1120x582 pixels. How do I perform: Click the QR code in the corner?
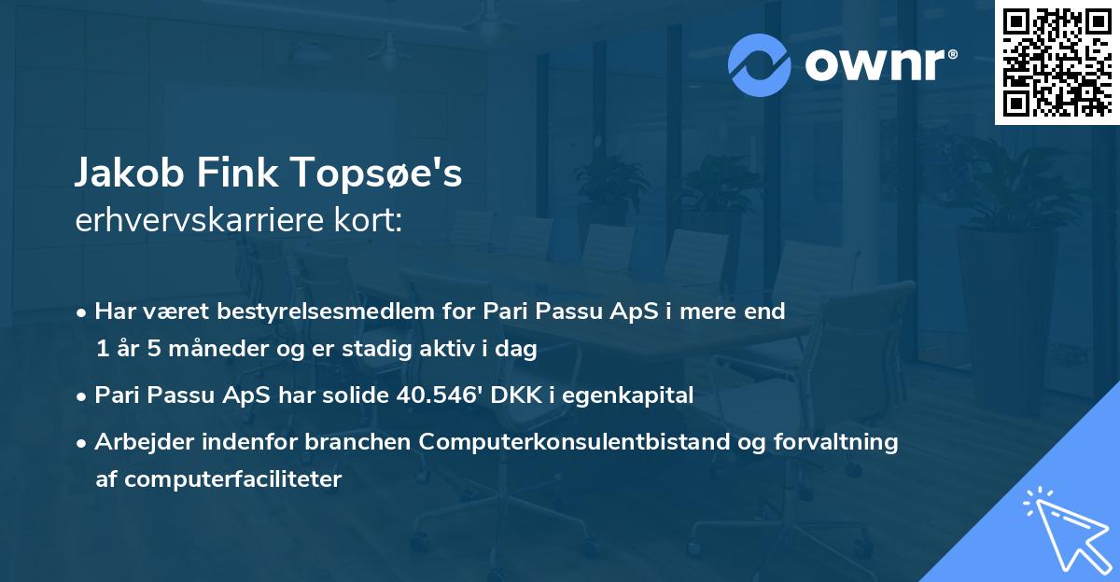(x=1057, y=62)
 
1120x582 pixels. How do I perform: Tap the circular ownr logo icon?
(x=760, y=64)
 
